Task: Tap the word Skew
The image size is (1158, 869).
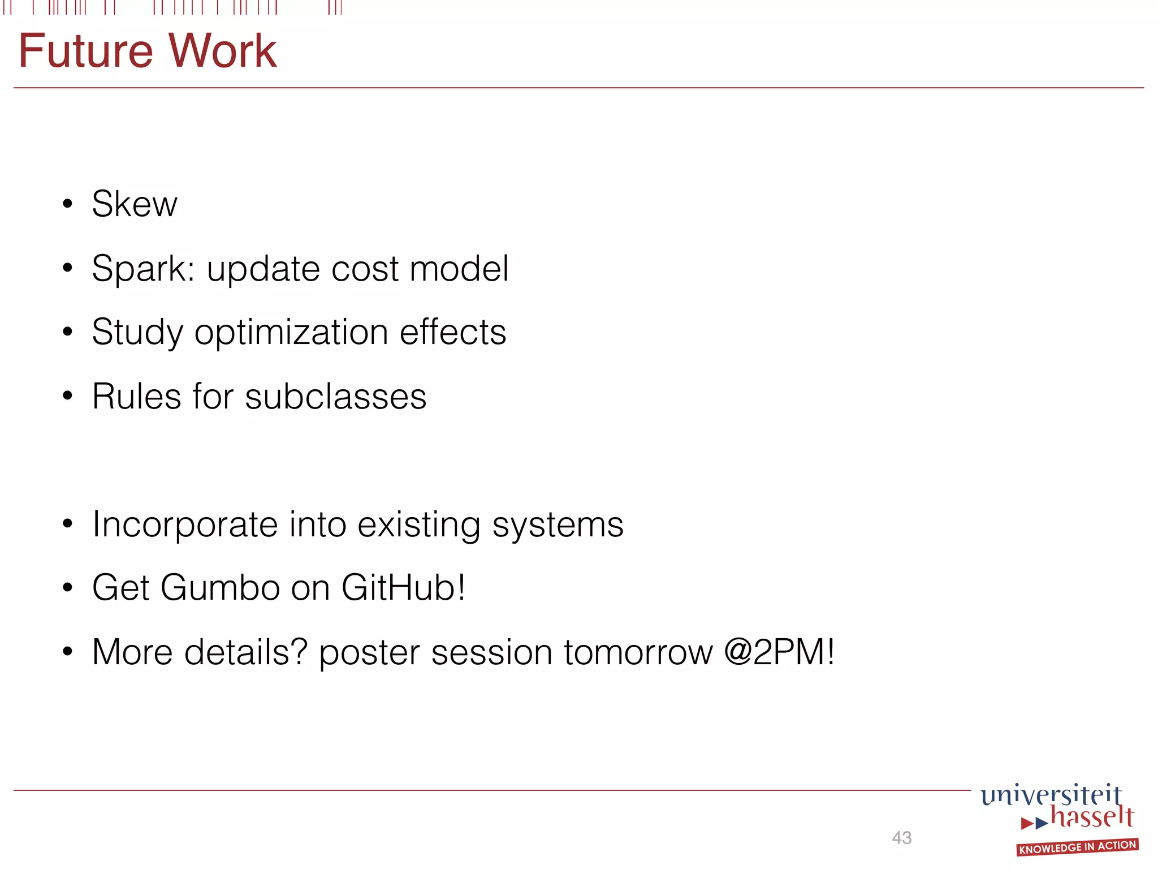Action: coord(135,204)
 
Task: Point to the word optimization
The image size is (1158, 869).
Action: coord(291,333)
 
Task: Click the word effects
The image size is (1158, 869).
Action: coord(452,332)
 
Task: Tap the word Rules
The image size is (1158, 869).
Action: coord(136,397)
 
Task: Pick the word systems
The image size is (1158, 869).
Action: coord(558,525)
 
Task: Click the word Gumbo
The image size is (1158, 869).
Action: coord(220,588)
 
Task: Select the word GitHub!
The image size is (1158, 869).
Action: coord(403,588)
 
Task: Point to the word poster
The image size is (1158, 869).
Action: coord(369,653)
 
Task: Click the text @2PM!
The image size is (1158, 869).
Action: coord(779,652)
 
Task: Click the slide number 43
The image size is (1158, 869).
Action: coord(901,838)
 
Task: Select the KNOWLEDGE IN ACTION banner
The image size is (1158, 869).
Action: coord(1077,847)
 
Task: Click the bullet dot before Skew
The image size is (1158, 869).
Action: coord(68,204)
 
